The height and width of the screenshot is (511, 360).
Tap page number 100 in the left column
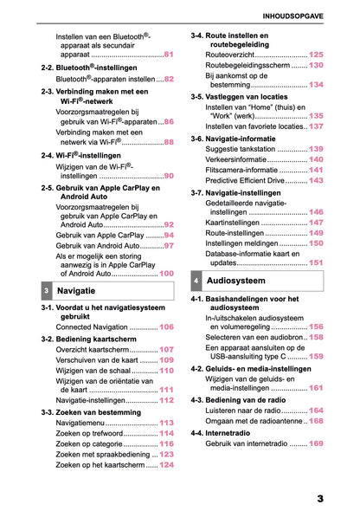point(166,272)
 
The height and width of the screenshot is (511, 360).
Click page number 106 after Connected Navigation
point(166,327)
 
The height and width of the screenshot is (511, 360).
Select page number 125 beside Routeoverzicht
point(316,54)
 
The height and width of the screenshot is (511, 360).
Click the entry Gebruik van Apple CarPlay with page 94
point(100,235)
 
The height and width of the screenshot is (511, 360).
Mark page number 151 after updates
point(316,262)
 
